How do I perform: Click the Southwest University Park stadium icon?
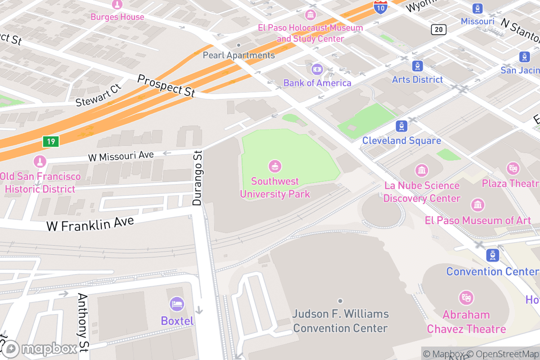coord(275,166)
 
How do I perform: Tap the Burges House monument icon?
coord(117,5)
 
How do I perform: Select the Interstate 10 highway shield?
coord(380,6)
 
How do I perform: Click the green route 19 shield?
coord(51,142)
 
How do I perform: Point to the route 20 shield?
coord(438,30)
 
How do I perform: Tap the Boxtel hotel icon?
coord(177,304)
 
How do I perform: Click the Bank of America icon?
coord(317,69)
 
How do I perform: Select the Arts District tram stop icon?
coord(418,66)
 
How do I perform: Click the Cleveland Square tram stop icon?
coord(401,126)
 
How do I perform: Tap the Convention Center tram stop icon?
coord(493,256)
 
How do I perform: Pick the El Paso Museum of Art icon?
coord(477,205)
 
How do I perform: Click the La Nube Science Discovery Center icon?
coord(422,171)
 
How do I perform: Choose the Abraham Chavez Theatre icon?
coord(466,297)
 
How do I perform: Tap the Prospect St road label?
coord(166,85)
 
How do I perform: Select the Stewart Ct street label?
coord(99,95)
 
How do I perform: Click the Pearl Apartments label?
coord(238,55)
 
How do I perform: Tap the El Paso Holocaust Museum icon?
coord(310,15)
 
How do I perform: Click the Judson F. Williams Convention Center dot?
coord(340,301)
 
